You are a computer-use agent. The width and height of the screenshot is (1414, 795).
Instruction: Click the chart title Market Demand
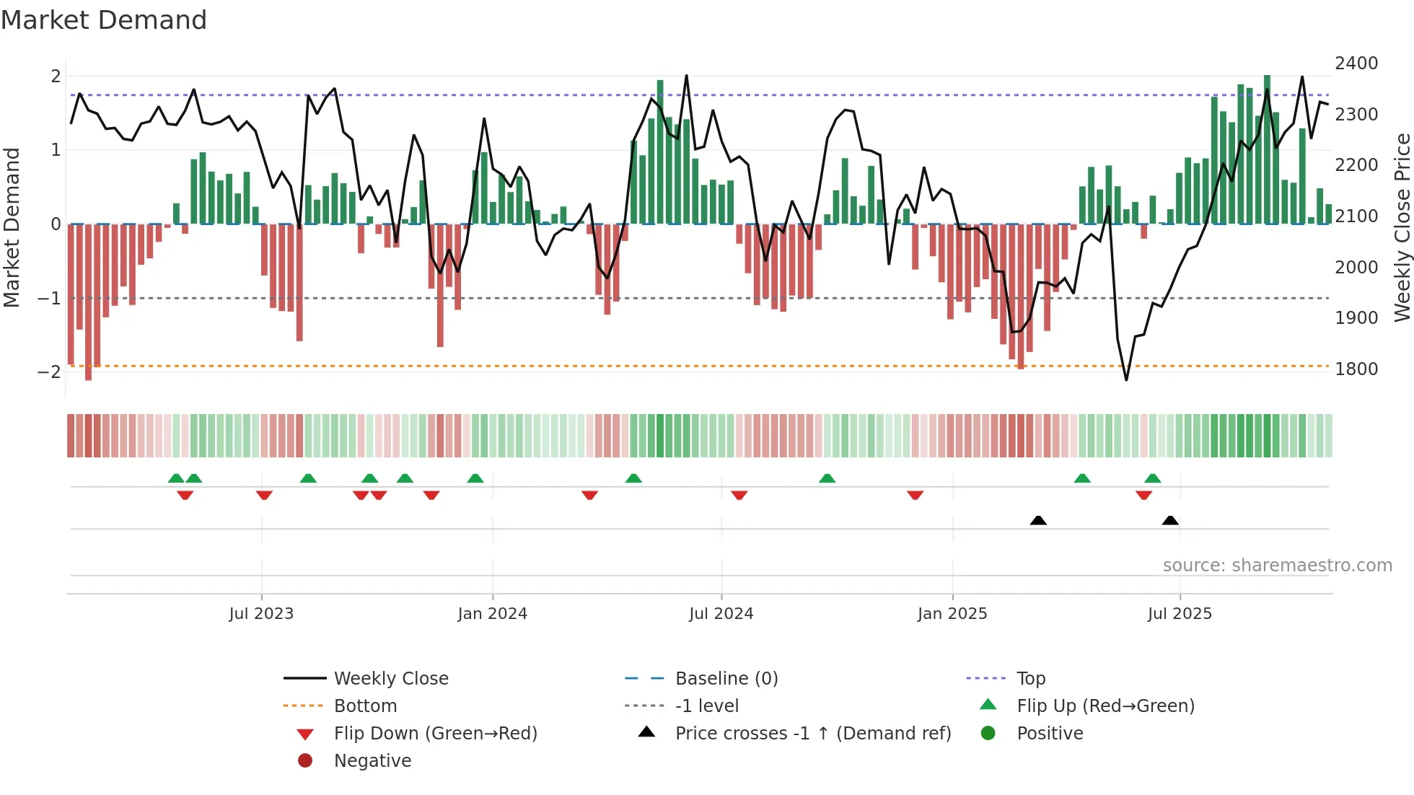pyautogui.click(x=104, y=20)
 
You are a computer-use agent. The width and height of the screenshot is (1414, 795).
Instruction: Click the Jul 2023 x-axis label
pyautogui.click(x=261, y=614)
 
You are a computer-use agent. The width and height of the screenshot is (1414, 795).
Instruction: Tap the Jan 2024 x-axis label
pyautogui.click(x=492, y=614)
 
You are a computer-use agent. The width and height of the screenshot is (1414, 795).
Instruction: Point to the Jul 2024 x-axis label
pyautogui.click(x=721, y=614)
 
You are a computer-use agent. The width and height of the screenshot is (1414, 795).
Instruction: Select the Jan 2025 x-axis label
pyautogui.click(x=952, y=614)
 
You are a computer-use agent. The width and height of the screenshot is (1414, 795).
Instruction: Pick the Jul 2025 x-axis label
pyautogui.click(x=1180, y=614)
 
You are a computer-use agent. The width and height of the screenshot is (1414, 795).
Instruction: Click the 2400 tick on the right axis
pyautogui.click(x=1356, y=63)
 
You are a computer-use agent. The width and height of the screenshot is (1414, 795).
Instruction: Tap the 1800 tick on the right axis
pyautogui.click(x=1356, y=369)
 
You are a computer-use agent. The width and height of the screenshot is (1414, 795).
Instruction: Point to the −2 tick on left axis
pyautogui.click(x=49, y=372)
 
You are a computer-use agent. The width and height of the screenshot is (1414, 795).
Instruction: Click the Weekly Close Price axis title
pyautogui.click(x=1402, y=227)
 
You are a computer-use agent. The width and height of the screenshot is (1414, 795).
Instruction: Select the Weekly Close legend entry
pyautogui.click(x=390, y=679)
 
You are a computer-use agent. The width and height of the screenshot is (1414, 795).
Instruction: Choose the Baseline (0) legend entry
pyautogui.click(x=726, y=679)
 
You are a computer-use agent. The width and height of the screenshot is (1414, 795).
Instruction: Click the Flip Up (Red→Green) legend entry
pyautogui.click(x=1105, y=706)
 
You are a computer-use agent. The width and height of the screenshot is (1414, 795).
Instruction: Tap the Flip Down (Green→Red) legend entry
pyautogui.click(x=435, y=734)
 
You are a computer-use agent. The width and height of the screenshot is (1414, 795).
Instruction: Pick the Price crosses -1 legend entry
pyautogui.click(x=812, y=734)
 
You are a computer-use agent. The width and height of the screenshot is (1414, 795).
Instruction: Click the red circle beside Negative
pyautogui.click(x=305, y=761)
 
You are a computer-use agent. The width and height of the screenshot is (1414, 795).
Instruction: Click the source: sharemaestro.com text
pyautogui.click(x=1277, y=566)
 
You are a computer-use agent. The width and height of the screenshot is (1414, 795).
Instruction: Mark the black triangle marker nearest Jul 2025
pyautogui.click(x=1170, y=520)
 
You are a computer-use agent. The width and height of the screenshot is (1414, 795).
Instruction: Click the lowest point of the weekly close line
pyautogui.click(x=1126, y=379)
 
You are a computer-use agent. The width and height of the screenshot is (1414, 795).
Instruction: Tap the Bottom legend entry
pyautogui.click(x=365, y=706)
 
